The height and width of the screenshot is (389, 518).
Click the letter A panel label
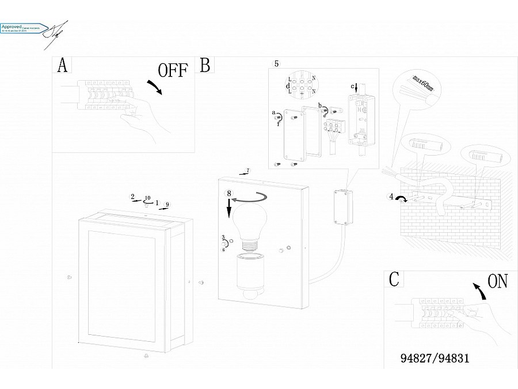(x=62, y=66)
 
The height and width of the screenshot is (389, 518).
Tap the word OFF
(x=173, y=70)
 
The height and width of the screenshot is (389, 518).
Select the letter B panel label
(x=204, y=65)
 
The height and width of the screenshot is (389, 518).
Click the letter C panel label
(x=394, y=280)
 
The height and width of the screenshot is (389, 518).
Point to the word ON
(x=498, y=281)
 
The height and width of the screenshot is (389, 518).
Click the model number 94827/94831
(x=435, y=358)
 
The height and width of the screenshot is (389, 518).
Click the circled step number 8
(x=229, y=193)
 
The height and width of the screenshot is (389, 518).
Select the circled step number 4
(x=391, y=197)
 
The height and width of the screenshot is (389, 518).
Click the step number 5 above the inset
(x=276, y=63)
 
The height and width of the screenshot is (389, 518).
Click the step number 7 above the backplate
(x=247, y=171)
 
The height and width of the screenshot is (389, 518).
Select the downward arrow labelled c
(x=356, y=88)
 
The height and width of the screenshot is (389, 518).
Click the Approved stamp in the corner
(x=23, y=28)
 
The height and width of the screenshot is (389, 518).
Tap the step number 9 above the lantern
(x=167, y=204)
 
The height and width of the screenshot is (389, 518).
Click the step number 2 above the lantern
(x=132, y=197)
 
